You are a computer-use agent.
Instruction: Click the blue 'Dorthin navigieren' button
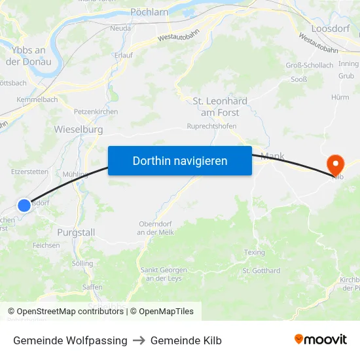179,160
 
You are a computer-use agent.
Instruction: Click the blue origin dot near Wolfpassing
24,205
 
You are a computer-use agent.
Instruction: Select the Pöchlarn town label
150,12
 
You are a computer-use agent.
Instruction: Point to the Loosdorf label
331,29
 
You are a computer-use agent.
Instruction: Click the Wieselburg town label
79,130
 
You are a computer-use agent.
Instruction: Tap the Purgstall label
76,232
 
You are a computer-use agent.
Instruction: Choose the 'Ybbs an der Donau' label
29,56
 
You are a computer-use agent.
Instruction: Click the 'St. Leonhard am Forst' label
220,107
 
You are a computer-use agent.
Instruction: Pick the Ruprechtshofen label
211,126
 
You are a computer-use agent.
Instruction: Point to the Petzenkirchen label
96,112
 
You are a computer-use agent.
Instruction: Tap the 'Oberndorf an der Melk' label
155,228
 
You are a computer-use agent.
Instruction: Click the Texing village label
254,252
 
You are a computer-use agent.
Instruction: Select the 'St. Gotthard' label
261,271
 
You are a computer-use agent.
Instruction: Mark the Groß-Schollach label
309,65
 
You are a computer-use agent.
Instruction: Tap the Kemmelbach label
37,99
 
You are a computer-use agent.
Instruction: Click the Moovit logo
320,340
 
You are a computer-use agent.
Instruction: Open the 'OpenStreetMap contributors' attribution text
71,312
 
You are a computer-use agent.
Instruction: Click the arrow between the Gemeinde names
139,340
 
